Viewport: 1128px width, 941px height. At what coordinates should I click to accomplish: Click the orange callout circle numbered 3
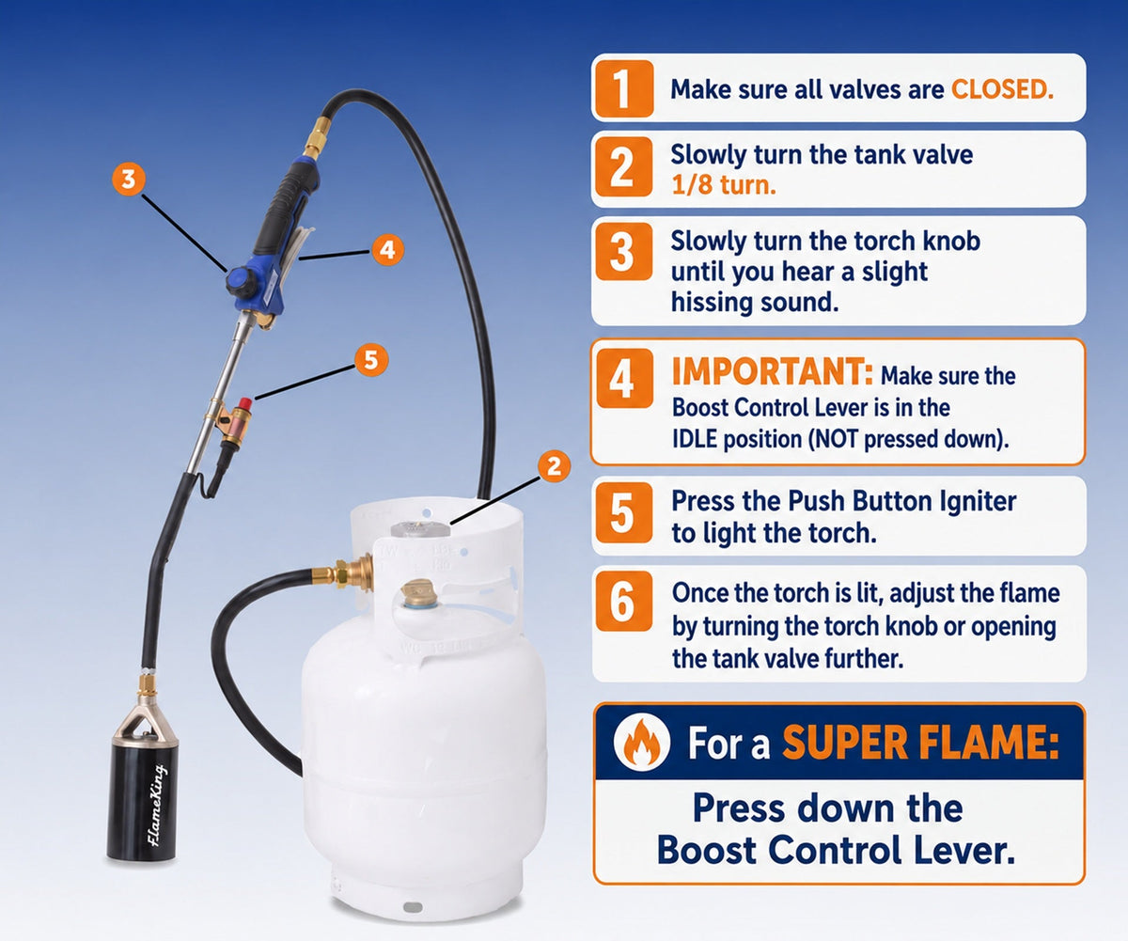(x=129, y=179)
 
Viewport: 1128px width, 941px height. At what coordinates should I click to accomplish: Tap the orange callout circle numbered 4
(x=387, y=249)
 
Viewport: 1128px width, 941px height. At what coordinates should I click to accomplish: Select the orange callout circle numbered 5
(x=371, y=360)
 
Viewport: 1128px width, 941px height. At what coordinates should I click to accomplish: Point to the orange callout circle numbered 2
(x=554, y=466)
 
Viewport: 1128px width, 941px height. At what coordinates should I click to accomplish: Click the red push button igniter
(x=244, y=404)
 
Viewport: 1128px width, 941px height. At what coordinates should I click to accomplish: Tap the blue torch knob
(x=240, y=282)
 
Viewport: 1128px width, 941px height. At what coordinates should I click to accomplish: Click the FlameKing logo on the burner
(x=156, y=805)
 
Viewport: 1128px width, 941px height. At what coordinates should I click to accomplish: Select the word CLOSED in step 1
(x=1002, y=89)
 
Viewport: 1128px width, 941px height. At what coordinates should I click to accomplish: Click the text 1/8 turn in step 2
(x=724, y=185)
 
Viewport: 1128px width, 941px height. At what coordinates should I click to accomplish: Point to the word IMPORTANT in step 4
(x=772, y=371)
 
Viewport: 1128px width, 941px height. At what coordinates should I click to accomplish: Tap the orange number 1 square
(x=624, y=88)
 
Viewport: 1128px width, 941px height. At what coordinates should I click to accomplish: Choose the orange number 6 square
(x=624, y=601)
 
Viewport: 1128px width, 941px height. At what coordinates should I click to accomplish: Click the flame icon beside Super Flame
(x=642, y=743)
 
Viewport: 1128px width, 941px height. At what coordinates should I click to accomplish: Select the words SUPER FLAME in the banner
(x=920, y=743)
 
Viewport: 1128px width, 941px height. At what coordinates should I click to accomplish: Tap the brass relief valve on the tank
(x=417, y=592)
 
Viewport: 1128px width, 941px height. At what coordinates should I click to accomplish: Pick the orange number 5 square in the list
(x=624, y=512)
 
